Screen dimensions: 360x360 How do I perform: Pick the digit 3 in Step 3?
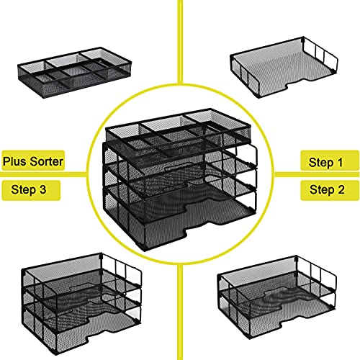click(47, 190)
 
